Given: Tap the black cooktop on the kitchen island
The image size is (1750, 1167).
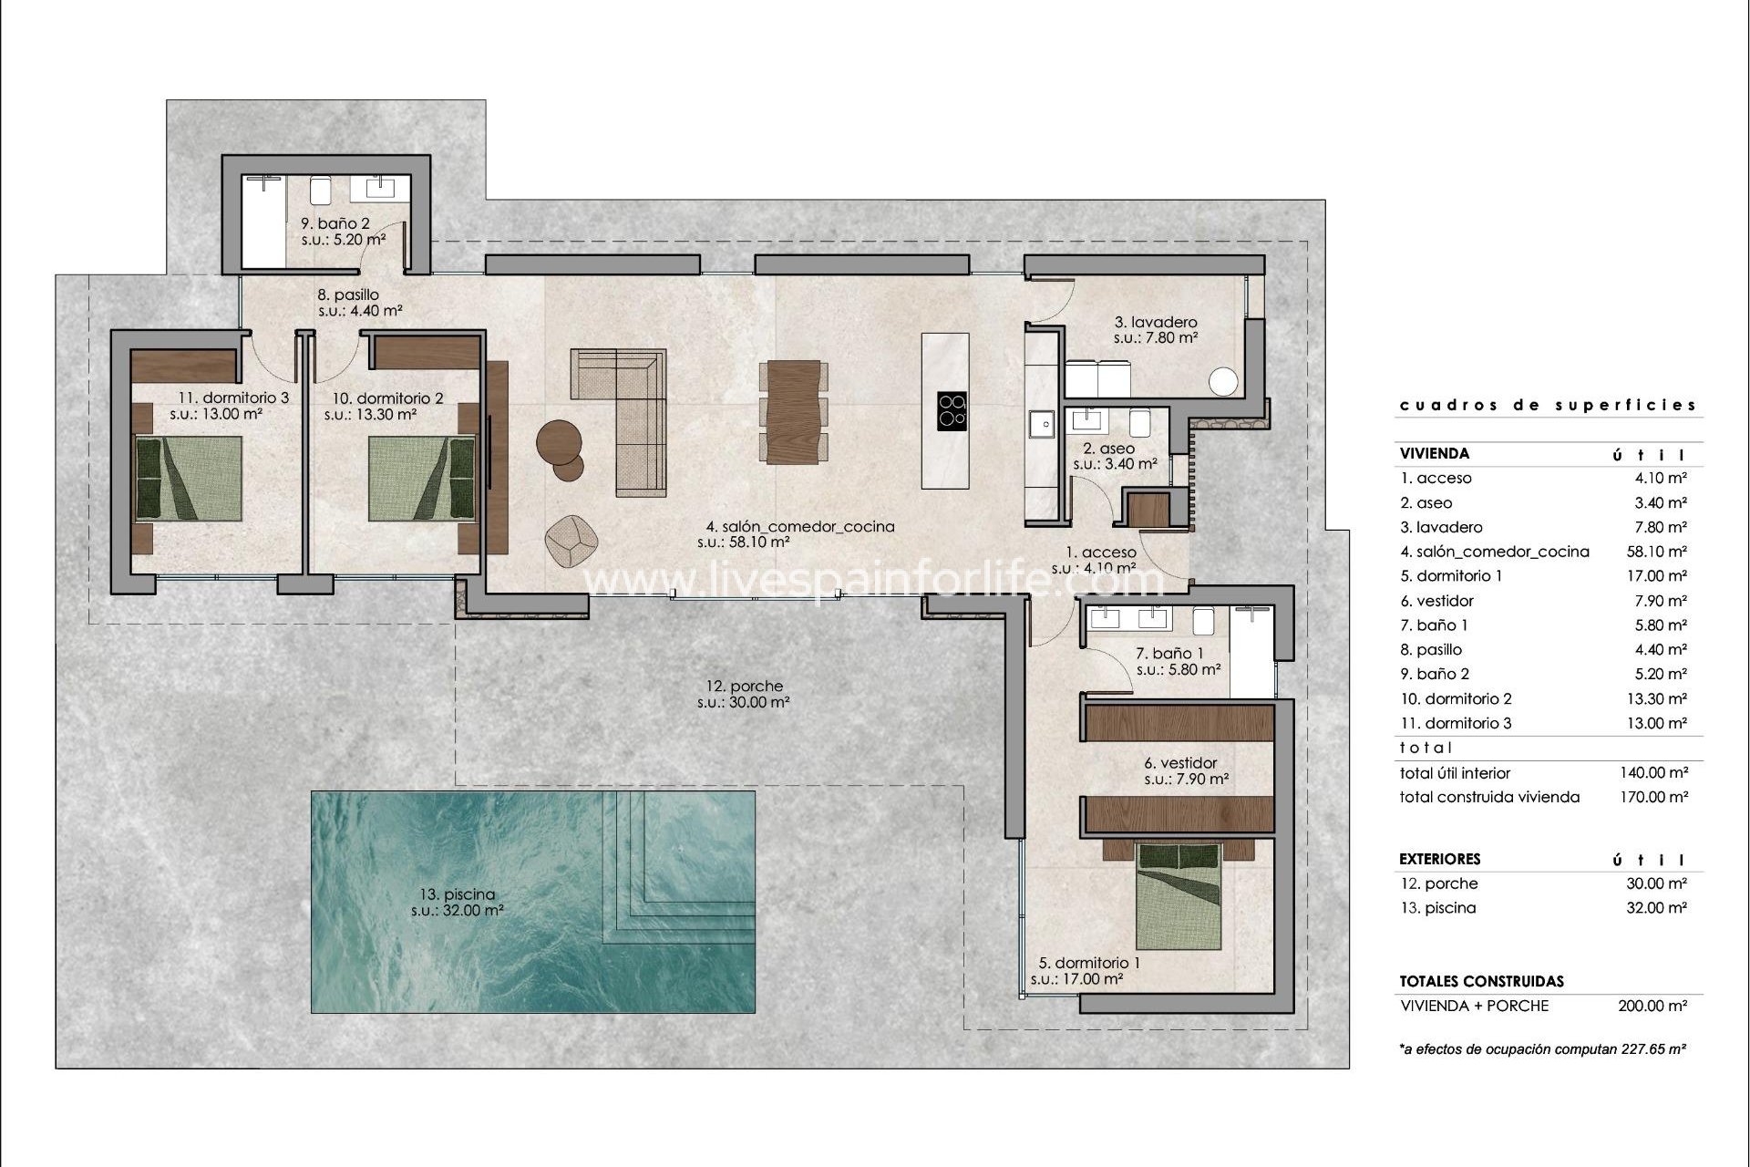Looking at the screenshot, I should (x=952, y=410).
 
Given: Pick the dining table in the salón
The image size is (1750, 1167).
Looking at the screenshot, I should (x=793, y=412).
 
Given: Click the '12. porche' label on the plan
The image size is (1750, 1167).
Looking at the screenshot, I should (x=744, y=687).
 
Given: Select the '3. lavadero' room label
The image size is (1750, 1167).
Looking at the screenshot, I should (x=1156, y=322).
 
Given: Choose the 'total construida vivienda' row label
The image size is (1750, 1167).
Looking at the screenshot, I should (x=1489, y=797).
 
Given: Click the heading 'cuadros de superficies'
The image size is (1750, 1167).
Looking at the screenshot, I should (x=1548, y=405).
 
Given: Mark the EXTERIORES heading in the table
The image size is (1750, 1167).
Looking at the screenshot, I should (x=1439, y=859).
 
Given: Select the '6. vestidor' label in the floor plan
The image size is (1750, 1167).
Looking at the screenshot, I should (x=1180, y=763).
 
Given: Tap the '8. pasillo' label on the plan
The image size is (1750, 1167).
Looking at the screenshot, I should (x=347, y=294).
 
